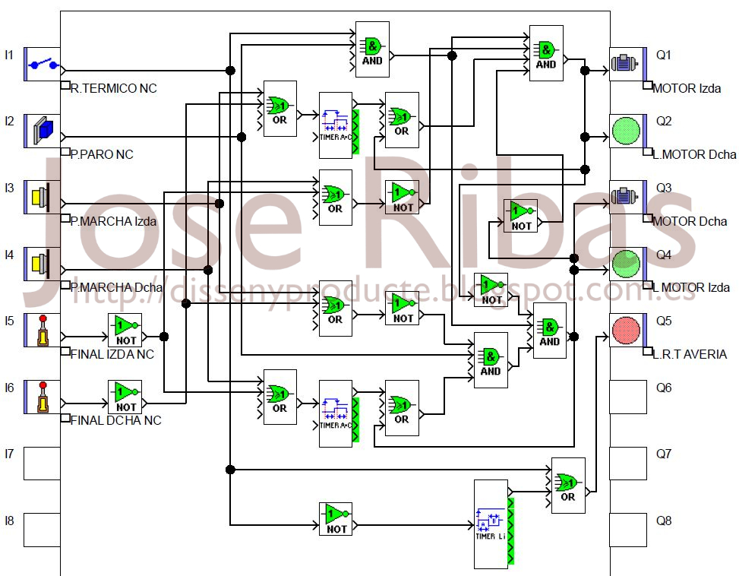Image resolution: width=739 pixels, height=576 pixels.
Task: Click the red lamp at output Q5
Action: click(x=627, y=331)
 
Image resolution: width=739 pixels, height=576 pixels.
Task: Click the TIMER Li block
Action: click(x=491, y=524)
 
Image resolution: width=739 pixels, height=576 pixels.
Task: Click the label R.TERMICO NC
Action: click(x=113, y=88)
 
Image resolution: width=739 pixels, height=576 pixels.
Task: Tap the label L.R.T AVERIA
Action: click(x=689, y=354)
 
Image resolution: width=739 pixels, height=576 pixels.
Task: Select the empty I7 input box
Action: click(x=42, y=464)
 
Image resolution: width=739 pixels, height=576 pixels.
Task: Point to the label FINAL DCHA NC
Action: click(x=115, y=420)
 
